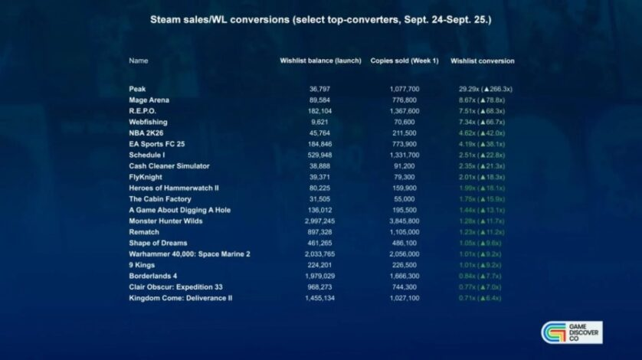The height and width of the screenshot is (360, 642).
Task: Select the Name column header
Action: (139, 61)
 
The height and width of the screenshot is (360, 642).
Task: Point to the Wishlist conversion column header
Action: (482, 61)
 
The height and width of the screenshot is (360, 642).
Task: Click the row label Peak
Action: (137, 89)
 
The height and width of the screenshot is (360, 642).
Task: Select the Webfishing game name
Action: (148, 122)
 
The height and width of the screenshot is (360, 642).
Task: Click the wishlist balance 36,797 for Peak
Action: (319, 89)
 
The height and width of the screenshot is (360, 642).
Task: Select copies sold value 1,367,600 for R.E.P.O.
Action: (405, 111)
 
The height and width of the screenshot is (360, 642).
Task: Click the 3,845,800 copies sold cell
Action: (405, 221)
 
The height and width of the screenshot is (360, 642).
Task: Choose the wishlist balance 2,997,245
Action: (319, 221)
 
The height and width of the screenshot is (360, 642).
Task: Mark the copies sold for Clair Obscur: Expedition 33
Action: (405, 287)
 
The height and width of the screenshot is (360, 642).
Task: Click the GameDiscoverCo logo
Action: (571, 332)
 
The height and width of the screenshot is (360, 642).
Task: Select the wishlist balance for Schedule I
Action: (319, 155)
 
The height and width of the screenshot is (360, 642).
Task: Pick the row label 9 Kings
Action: (142, 265)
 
